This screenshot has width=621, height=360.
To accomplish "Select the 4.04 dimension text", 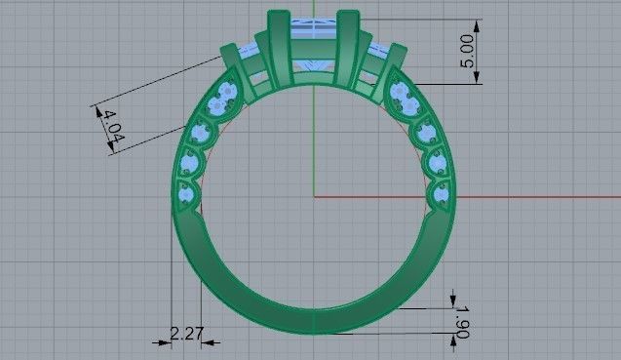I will click(113, 128).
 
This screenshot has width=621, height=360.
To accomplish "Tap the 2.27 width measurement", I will click(186, 334).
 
